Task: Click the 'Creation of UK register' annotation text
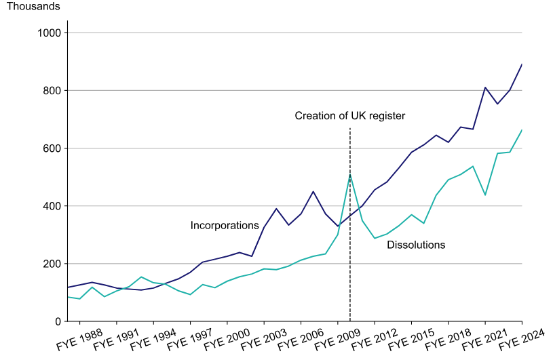pyautogui.click(x=349, y=116)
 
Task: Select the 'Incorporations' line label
pyautogui.click(x=225, y=225)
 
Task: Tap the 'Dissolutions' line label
pyautogui.click(x=416, y=245)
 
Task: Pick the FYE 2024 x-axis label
pyautogui.click(x=521, y=338)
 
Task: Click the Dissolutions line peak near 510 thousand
pyautogui.click(x=350, y=174)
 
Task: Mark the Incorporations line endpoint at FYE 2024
pyautogui.click(x=522, y=64)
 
